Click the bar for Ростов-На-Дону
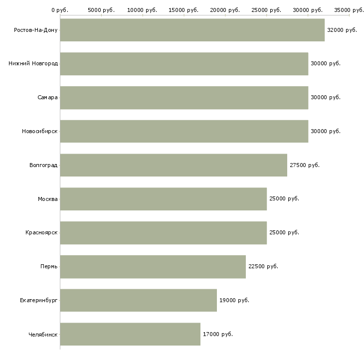tap(192, 30)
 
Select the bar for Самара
tap(184, 98)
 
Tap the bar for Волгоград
tap(174, 165)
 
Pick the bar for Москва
tap(163, 199)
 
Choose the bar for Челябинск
tap(130, 334)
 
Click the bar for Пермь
tap(153, 267)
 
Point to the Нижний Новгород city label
tap(33, 64)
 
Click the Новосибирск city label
tap(39, 132)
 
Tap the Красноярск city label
tap(41, 233)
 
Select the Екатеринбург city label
tap(39, 300)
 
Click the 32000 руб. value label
tap(342, 30)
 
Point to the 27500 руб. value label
tap(305, 165)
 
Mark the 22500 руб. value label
tap(263, 267)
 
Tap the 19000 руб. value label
tap(234, 300)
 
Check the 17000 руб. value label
tap(218, 334)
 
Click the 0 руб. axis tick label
tap(60, 10)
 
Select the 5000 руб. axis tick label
tap(101, 10)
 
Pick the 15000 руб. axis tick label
tap(184, 10)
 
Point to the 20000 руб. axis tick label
tap(225, 10)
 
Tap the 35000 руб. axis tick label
tap(349, 10)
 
